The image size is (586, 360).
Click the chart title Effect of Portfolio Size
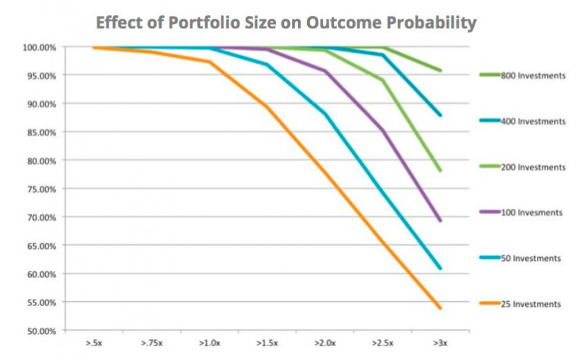[x=286, y=23]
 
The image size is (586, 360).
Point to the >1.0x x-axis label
[x=208, y=343]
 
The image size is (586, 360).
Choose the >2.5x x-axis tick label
[x=382, y=343]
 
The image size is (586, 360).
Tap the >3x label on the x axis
[x=439, y=343]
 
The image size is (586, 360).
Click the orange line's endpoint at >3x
[x=440, y=308]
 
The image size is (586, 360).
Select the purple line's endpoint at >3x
[x=440, y=221]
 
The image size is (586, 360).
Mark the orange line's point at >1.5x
[x=266, y=106]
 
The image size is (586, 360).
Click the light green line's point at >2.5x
[x=382, y=80]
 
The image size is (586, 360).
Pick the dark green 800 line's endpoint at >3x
[x=440, y=71]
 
